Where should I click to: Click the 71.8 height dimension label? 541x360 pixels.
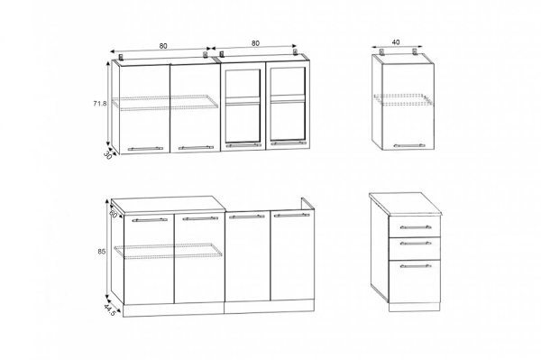pyautogui.click(x=100, y=103)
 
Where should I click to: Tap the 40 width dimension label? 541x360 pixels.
pyautogui.click(x=396, y=42)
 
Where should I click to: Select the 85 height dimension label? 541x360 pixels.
pyautogui.click(x=101, y=252)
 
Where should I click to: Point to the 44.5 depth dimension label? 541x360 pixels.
pyautogui.click(x=110, y=310)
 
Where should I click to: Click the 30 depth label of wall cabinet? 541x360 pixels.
pyautogui.click(x=107, y=155)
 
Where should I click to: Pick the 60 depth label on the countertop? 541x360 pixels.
pyautogui.click(x=113, y=214)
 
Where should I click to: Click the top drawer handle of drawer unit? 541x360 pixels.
pyautogui.click(x=416, y=227)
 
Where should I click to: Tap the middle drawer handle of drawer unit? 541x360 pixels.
pyautogui.click(x=416, y=243)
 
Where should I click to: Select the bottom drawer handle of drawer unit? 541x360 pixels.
pyautogui.click(x=416, y=266)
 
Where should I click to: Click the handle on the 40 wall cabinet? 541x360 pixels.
pyautogui.click(x=409, y=145)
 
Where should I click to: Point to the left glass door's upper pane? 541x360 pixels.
pyautogui.click(x=243, y=83)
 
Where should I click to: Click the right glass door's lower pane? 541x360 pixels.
pyautogui.click(x=289, y=121)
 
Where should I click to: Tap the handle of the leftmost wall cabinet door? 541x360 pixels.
pyautogui.click(x=145, y=149)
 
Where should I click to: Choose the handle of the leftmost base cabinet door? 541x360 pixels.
pyautogui.click(x=150, y=219)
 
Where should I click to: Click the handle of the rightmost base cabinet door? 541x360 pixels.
pyautogui.click(x=291, y=215)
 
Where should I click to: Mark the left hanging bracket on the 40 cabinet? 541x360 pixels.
pyautogui.click(x=382, y=52)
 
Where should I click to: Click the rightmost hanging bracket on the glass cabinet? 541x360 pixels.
pyautogui.click(x=296, y=51)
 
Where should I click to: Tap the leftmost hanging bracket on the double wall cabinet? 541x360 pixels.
pyautogui.click(x=121, y=57)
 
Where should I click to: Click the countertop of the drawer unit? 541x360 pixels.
pyautogui.click(x=405, y=204)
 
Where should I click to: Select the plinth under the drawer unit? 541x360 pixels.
pyautogui.click(x=415, y=307)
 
